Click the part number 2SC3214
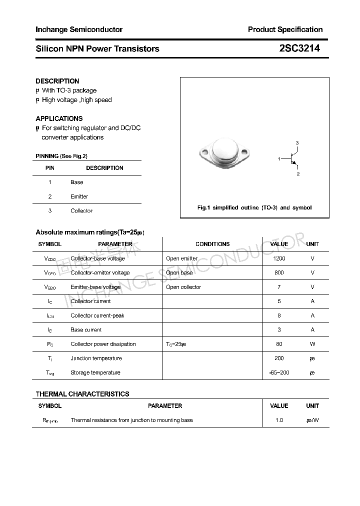click(299, 48)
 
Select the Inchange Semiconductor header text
click(79, 29)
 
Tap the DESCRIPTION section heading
click(57, 81)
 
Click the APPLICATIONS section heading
click(59, 118)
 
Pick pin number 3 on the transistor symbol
click(297, 143)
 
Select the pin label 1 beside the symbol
click(279, 158)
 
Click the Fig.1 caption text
click(254, 207)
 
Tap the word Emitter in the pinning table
click(79, 196)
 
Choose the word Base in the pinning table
click(77, 182)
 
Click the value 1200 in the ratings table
click(279, 258)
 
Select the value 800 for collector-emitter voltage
click(279, 273)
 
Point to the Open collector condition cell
click(183, 287)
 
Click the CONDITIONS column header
click(212, 244)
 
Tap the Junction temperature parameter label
click(96, 358)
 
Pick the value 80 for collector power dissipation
click(279, 344)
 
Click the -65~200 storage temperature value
click(279, 372)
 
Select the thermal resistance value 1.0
click(279, 420)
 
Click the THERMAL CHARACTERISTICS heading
click(82, 394)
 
